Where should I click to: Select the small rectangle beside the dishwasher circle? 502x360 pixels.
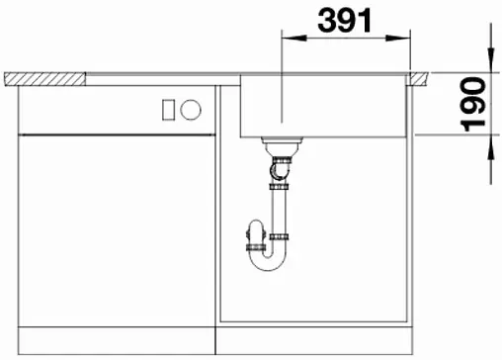point(167,108)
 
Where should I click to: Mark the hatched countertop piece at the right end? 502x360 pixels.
point(420,77)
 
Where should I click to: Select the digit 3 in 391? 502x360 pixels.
point(321,19)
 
